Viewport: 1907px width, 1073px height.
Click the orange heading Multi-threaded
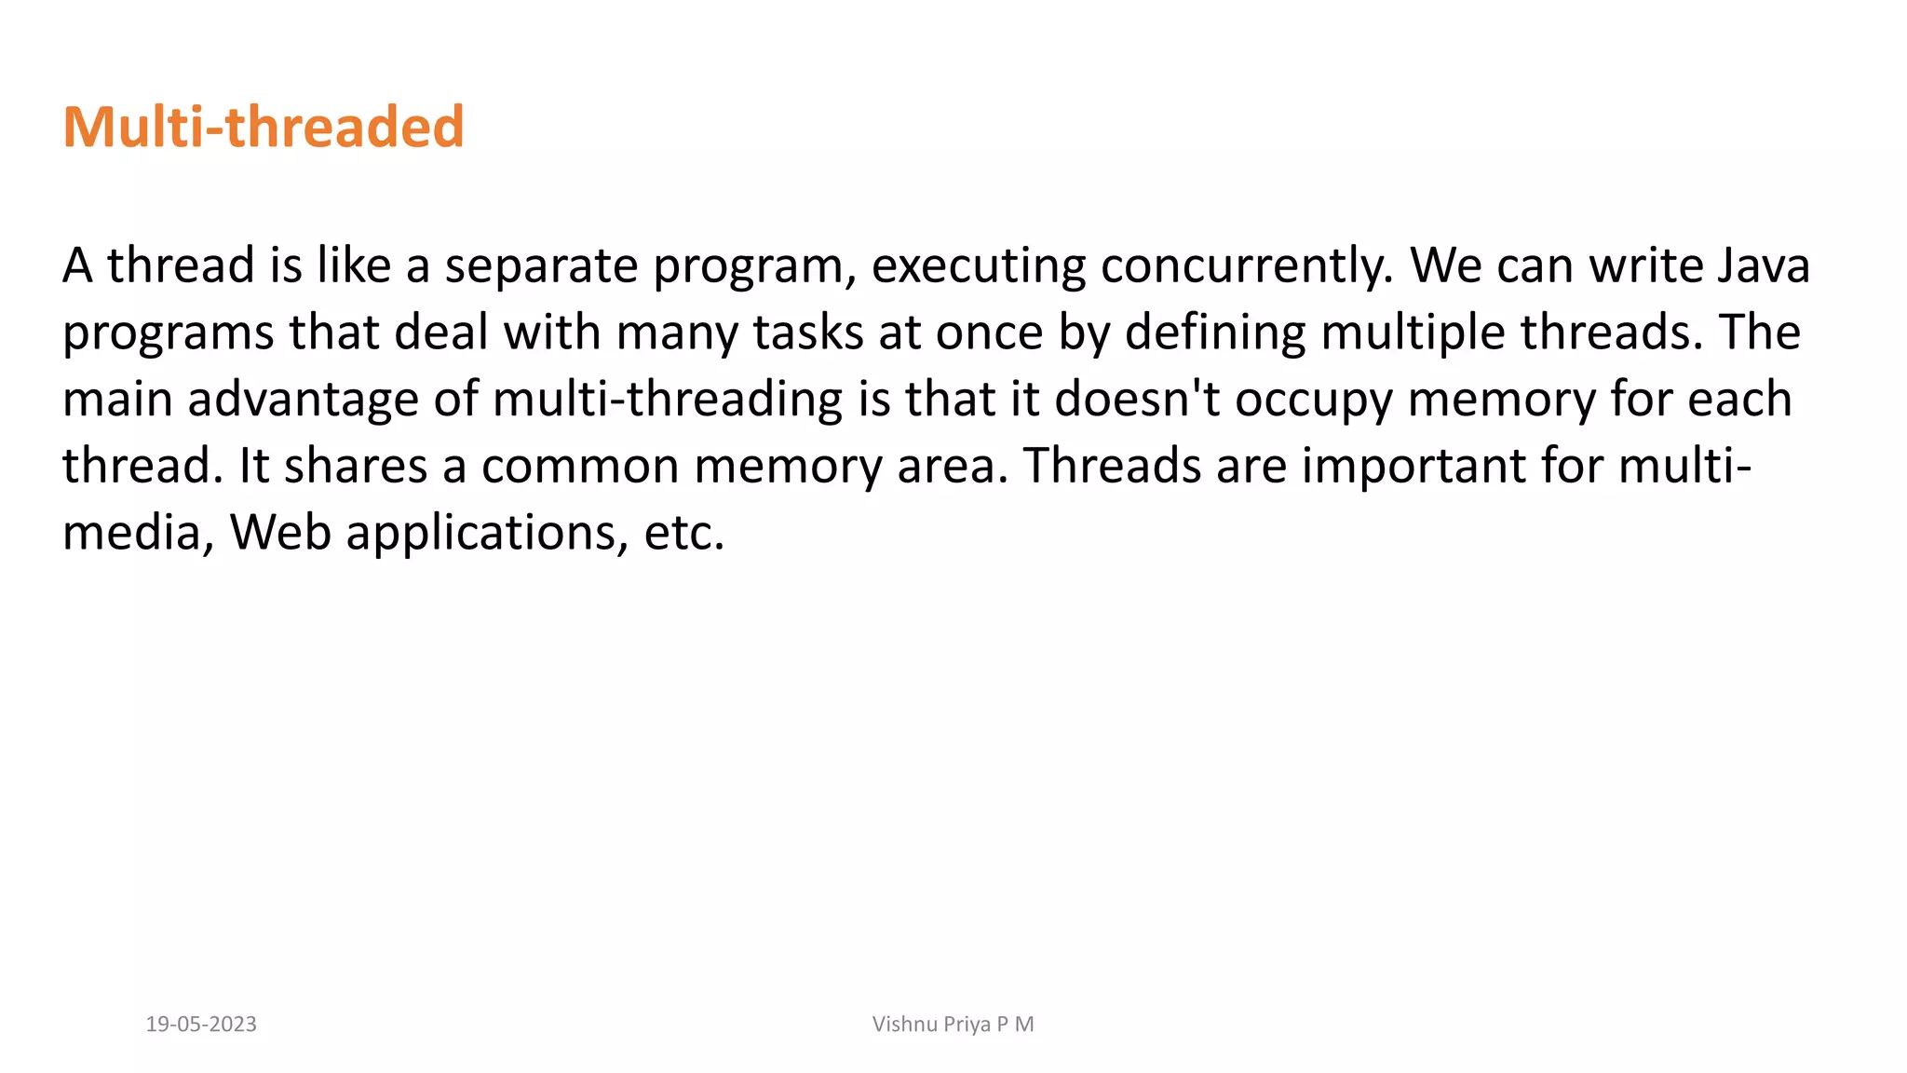tap(263, 127)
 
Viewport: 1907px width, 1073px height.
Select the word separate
tap(541, 266)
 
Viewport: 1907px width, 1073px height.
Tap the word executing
tap(978, 266)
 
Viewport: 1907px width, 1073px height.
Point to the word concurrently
tap(1247, 266)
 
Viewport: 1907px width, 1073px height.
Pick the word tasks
tap(807, 333)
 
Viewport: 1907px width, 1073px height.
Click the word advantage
tap(304, 401)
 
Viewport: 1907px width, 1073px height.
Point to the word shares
tap(356, 466)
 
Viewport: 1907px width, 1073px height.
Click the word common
tap(580, 467)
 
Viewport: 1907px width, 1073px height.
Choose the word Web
tap(280, 534)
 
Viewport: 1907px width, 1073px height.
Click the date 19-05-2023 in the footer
tap(201, 1025)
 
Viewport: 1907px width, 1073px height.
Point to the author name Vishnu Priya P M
tap(953, 1025)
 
